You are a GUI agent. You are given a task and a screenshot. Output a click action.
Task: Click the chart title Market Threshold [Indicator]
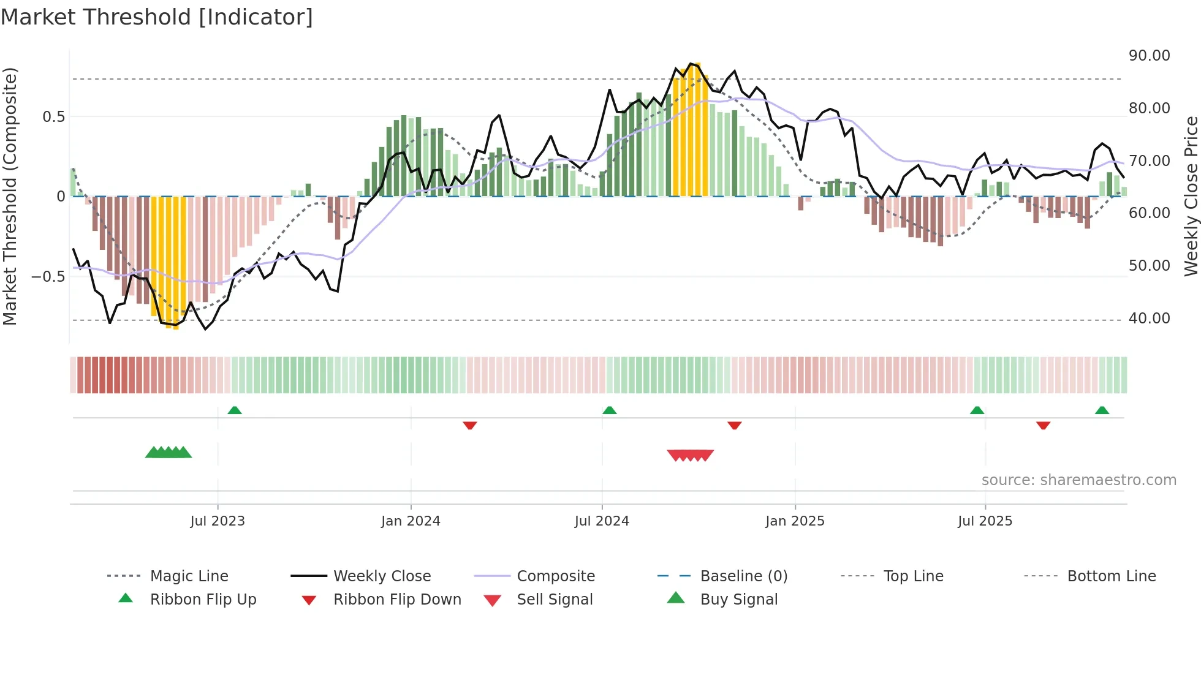tap(157, 17)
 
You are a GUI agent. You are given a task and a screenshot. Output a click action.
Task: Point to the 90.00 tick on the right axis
tap(1149, 56)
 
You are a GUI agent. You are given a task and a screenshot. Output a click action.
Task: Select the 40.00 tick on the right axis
tap(1149, 319)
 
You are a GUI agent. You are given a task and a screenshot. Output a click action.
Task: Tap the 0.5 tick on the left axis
tap(53, 117)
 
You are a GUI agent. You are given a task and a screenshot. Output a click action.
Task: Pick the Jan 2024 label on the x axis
tap(411, 521)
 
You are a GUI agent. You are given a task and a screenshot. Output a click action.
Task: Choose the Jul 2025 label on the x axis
tap(985, 521)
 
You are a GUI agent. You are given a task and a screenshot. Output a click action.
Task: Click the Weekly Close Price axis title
tap(1191, 196)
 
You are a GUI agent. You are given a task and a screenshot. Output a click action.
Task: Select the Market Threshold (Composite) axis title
tap(10, 196)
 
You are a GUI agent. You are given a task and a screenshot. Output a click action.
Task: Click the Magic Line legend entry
tap(189, 576)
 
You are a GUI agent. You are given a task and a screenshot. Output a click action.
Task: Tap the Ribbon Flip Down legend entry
tap(396, 600)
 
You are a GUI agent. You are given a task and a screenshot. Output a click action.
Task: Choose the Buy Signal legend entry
tap(738, 600)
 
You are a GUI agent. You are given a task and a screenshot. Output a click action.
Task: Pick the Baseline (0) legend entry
tap(743, 576)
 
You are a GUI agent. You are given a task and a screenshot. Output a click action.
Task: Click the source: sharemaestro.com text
tap(1078, 480)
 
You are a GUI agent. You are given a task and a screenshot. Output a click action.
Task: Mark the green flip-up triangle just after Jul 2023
tap(235, 410)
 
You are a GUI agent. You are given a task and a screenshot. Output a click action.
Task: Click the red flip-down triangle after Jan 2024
tap(470, 425)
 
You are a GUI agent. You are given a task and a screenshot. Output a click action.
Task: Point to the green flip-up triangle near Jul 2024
tap(609, 410)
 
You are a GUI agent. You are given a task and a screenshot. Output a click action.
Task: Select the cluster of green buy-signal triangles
tap(169, 453)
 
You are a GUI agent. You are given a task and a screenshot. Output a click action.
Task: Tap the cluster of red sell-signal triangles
tap(690, 455)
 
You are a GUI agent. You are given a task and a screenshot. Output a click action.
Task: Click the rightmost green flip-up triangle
tap(1102, 410)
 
